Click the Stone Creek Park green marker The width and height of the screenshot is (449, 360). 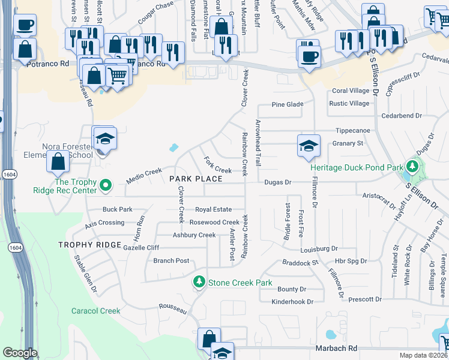click(199, 281)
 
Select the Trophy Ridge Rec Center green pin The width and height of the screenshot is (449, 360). click(106, 185)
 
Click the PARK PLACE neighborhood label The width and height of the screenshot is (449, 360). click(196, 179)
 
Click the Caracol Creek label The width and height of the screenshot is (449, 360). click(95, 311)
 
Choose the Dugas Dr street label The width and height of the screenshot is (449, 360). click(276, 182)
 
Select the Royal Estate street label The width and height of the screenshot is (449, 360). click(213, 209)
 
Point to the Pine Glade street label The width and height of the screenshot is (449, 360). click(288, 104)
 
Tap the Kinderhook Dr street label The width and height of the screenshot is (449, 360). click(292, 302)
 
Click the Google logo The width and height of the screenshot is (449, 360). click(20, 353)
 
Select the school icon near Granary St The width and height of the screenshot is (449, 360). click(309, 146)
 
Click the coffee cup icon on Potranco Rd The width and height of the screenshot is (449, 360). click(309, 55)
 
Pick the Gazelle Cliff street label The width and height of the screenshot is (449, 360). click(141, 247)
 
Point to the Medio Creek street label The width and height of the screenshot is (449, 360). click(144, 172)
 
